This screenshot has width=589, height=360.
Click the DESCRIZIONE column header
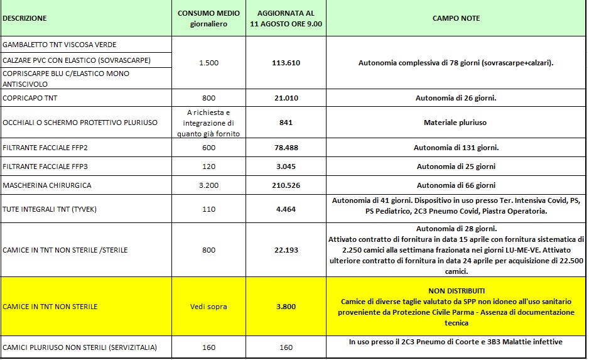point(24,19)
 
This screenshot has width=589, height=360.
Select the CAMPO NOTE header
point(456,19)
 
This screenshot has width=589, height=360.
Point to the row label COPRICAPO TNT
point(30,98)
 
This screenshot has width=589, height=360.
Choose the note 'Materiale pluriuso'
point(456,123)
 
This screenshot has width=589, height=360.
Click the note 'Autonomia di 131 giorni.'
point(456,148)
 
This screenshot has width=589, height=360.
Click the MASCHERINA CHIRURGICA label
point(47,186)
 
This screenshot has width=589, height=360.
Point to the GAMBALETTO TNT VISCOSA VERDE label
point(60,45)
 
